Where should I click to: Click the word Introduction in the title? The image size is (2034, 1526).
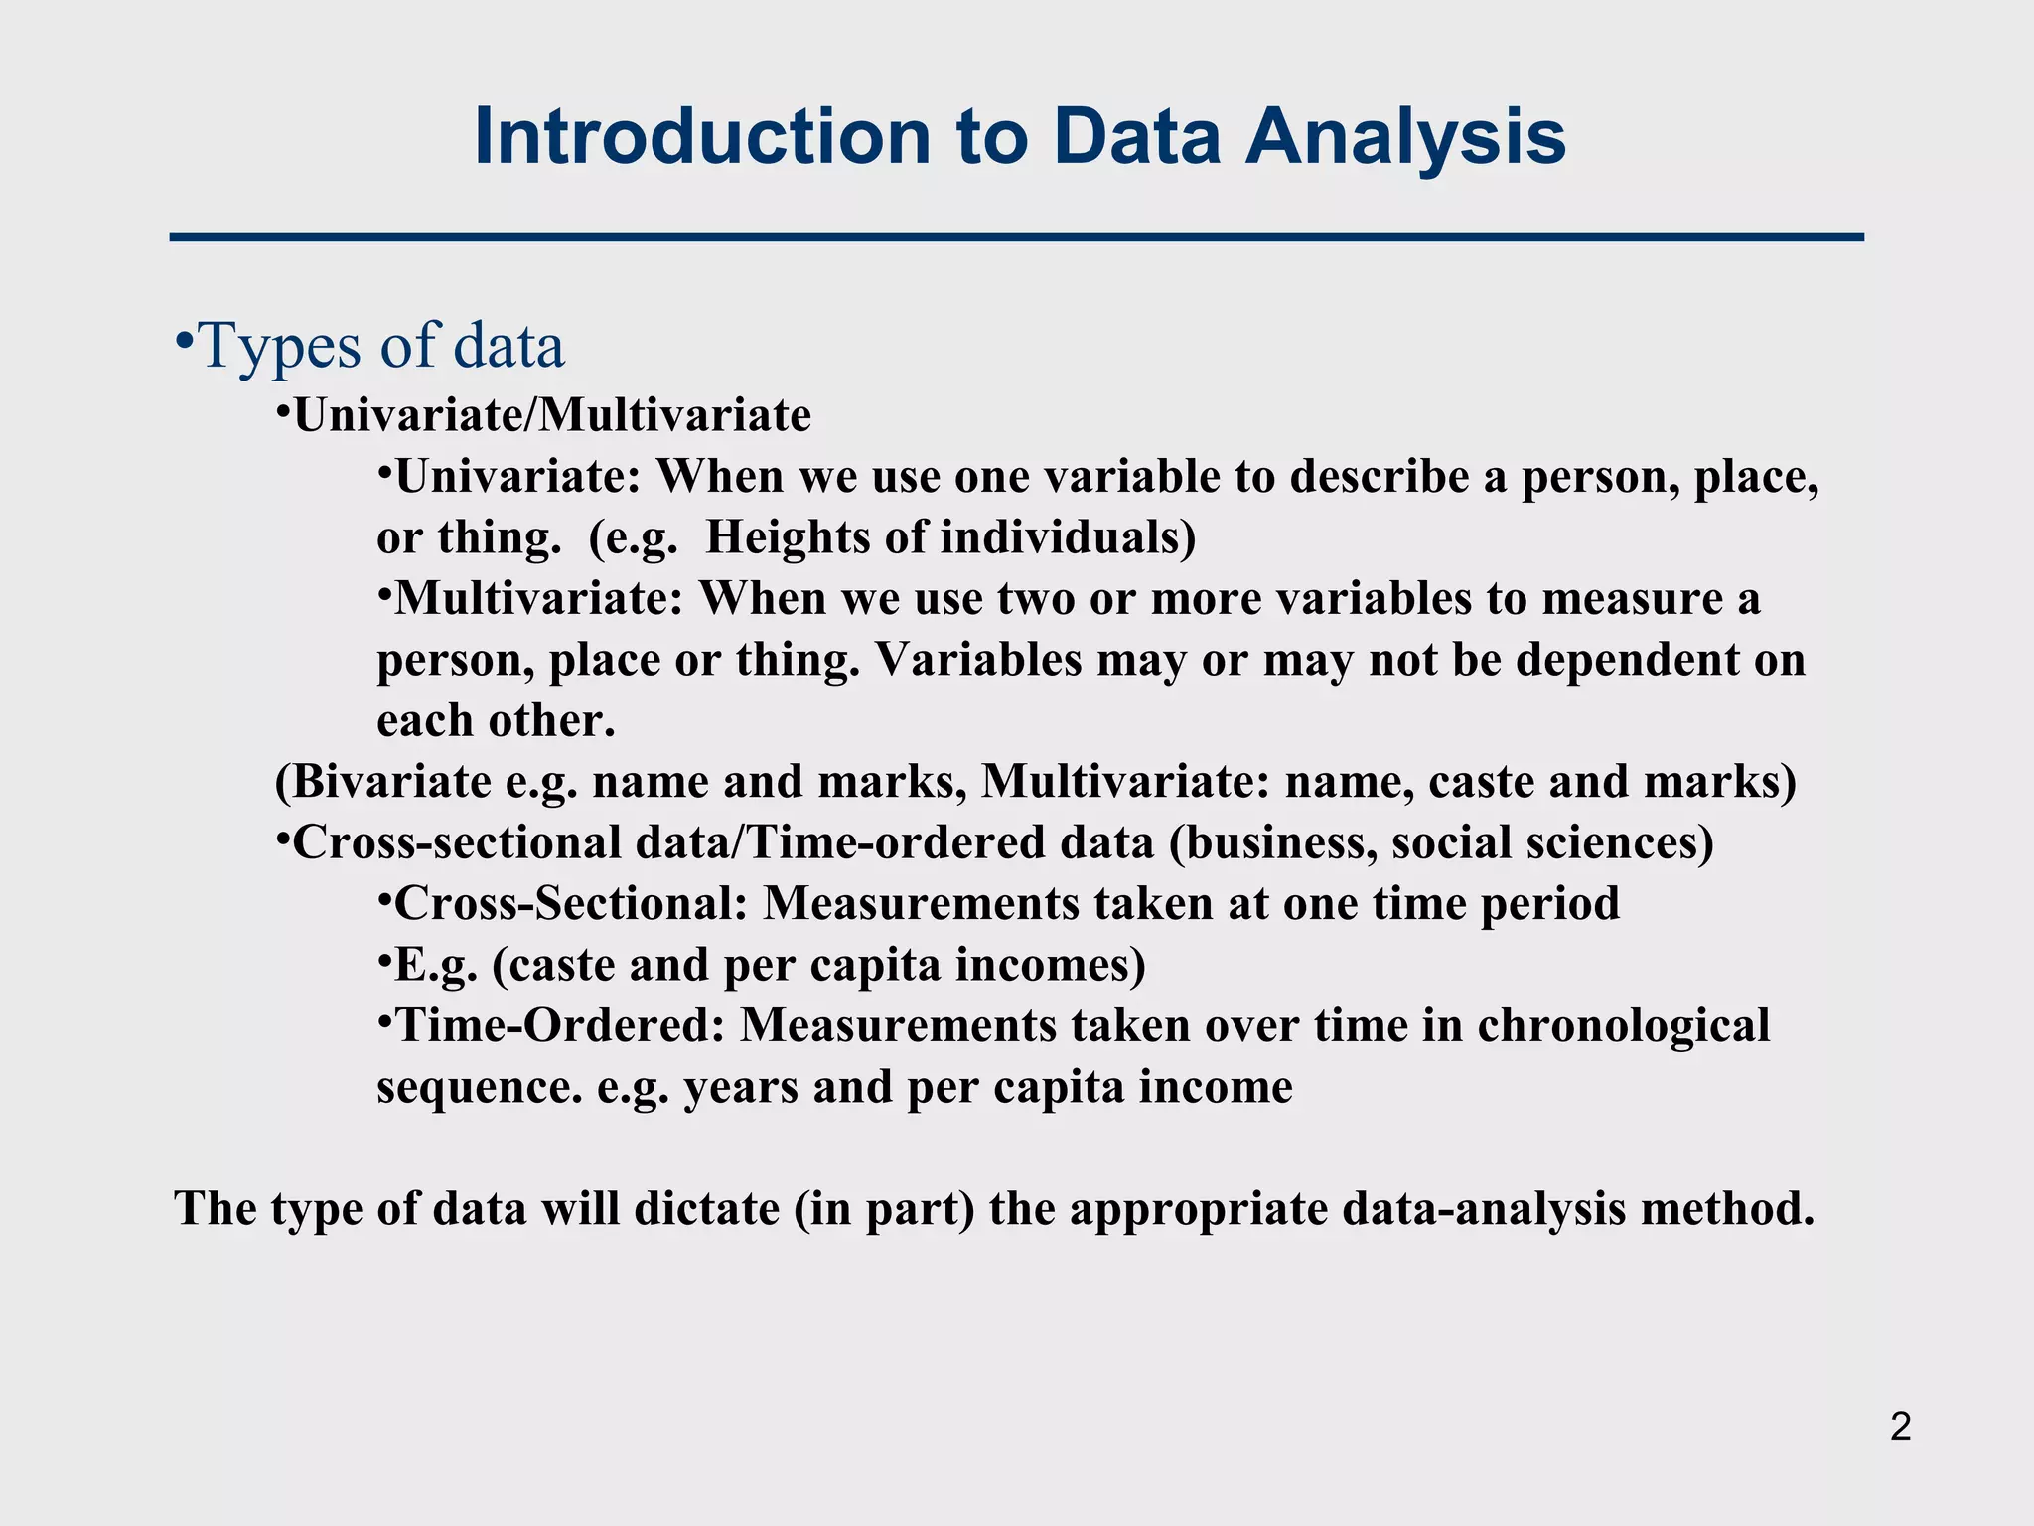(x=702, y=136)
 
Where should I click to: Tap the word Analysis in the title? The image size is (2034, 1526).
(x=1405, y=136)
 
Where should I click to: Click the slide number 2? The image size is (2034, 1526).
(x=1900, y=1427)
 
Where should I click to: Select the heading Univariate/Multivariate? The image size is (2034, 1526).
(x=552, y=415)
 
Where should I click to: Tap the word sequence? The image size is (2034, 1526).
(x=480, y=1087)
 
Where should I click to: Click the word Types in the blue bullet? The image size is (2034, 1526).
(x=282, y=346)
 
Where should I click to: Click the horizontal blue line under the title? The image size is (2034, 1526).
(x=1016, y=238)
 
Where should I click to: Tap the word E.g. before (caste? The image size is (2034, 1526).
(x=436, y=965)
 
